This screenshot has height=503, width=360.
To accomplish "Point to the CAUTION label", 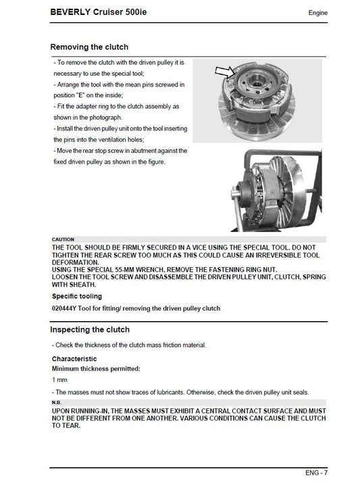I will coord(63,240).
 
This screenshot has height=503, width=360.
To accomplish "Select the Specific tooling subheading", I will coord(77,296).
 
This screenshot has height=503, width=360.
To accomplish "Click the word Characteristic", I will coord(74,358).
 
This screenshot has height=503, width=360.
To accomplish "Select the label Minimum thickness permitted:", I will coord(96,368).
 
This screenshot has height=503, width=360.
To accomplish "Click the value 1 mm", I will coord(59,380).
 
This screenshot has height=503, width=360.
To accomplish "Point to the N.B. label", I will coord(58,403).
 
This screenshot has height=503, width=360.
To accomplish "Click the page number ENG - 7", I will coord(316,473).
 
